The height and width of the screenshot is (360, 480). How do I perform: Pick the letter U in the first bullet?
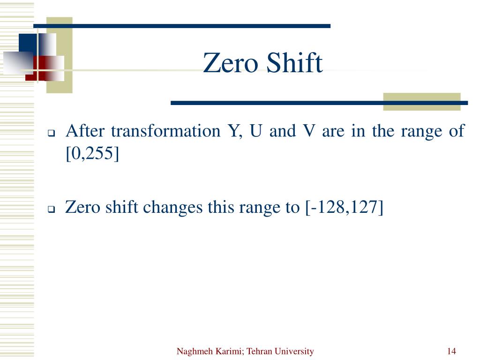click(256, 131)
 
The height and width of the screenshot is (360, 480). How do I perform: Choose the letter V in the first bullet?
click(308, 131)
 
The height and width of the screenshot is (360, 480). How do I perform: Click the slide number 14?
click(452, 352)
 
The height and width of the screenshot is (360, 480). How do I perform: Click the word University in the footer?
click(295, 352)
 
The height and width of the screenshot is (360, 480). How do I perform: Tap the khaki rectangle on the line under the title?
click(421, 102)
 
